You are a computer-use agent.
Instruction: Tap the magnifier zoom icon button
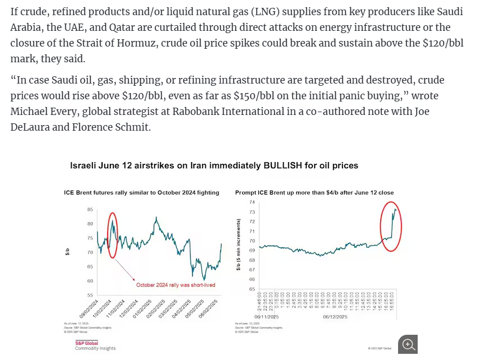pos(408,344)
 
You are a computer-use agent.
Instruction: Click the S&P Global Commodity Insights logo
pos(95,345)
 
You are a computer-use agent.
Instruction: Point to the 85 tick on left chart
pos(90,210)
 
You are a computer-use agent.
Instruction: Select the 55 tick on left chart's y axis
pos(90,295)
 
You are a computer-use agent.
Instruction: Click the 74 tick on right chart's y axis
pos(252,202)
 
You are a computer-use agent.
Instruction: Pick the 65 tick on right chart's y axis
pos(252,289)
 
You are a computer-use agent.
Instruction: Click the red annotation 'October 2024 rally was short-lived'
pos(175,285)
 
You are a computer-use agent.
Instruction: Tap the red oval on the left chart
pos(113,235)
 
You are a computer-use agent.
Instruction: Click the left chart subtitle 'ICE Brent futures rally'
pos(141,192)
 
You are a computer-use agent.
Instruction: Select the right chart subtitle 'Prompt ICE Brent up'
pos(314,192)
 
